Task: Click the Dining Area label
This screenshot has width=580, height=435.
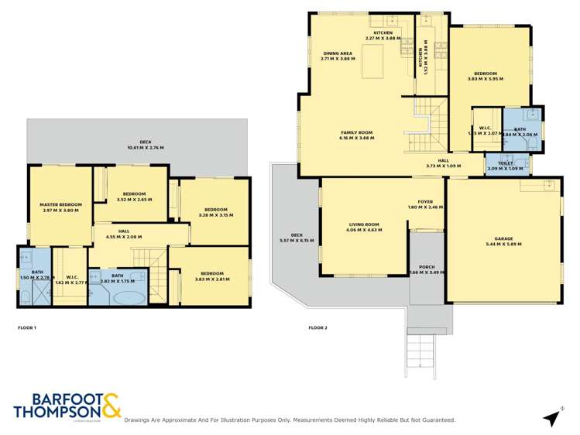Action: tap(338, 53)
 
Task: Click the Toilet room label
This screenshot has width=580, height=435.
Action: tap(506, 163)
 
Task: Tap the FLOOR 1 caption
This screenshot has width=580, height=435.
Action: tap(27, 328)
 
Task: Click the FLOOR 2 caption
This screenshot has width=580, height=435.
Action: tap(317, 328)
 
